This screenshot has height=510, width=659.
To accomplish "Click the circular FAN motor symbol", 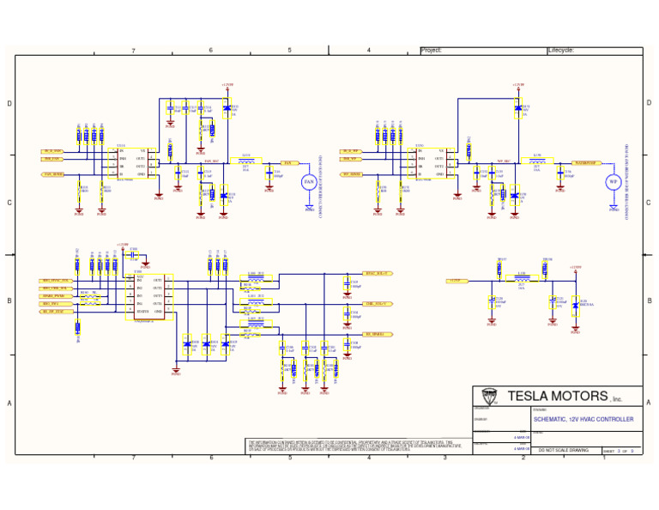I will (x=310, y=182).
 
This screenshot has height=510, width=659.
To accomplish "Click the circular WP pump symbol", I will (x=613, y=182).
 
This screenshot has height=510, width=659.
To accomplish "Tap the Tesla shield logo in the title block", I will (x=489, y=397).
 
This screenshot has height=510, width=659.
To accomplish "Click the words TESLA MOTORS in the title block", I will (x=551, y=397).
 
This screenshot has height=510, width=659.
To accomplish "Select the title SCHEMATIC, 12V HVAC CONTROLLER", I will (x=583, y=420).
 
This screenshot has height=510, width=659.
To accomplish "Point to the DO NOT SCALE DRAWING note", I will (x=563, y=450).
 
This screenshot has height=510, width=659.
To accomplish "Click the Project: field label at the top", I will (x=432, y=51).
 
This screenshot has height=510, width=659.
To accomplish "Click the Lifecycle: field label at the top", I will (x=562, y=51).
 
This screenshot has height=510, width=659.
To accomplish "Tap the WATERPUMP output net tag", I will (x=590, y=161).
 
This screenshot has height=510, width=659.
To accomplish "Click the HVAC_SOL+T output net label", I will (x=378, y=273).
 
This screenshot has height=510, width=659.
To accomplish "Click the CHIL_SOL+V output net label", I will (x=378, y=303).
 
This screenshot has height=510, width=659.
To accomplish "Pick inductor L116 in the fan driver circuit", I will (x=246, y=160).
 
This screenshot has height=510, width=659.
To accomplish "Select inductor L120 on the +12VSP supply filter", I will (x=521, y=278).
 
